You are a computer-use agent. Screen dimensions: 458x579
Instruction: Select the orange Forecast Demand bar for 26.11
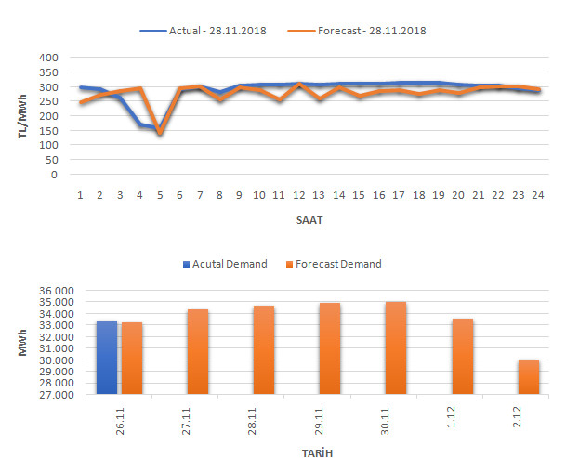(132, 359)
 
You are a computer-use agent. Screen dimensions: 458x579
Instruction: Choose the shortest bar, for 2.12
(528, 377)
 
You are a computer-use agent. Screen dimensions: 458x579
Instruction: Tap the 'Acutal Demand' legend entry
(227, 264)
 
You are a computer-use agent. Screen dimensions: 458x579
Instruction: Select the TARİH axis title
(317, 451)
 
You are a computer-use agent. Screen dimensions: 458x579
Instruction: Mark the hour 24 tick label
(535, 195)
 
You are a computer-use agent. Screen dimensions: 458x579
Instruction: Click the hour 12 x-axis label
(298, 195)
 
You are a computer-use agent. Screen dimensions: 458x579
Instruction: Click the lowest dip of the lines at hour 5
(159, 132)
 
